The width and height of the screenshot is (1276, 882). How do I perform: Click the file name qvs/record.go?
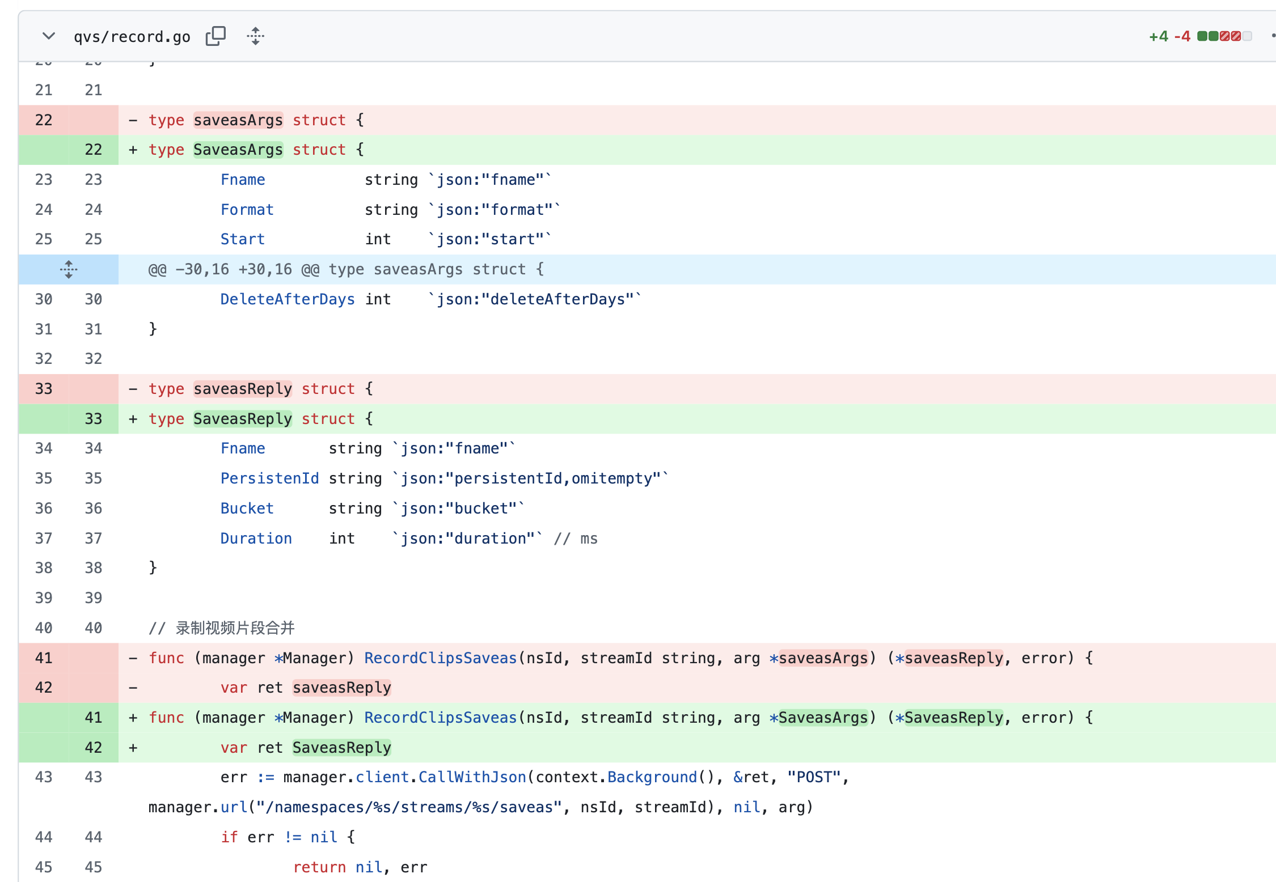[132, 37]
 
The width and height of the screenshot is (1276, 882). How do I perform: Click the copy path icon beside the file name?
[216, 36]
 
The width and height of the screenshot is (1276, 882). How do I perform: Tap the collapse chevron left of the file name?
[49, 36]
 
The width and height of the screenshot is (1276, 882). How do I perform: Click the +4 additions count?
[1159, 37]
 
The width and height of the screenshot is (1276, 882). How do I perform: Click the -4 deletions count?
[1182, 37]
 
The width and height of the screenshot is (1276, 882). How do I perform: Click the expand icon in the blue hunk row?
[69, 269]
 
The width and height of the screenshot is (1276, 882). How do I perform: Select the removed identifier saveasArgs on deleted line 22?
[238, 120]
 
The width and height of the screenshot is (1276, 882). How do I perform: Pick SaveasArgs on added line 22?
[238, 150]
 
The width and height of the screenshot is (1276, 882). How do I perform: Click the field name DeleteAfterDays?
[288, 299]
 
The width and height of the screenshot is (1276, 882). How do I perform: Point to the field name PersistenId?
[270, 478]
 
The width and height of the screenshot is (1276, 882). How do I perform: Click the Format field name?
[247, 210]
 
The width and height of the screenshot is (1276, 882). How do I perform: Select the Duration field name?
[256, 538]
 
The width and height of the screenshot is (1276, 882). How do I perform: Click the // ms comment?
[576, 538]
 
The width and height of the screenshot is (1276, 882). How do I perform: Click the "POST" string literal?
[814, 777]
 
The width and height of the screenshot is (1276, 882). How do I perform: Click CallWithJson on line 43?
[472, 777]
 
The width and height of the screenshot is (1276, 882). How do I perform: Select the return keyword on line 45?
[319, 867]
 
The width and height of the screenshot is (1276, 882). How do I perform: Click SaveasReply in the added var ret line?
[342, 748]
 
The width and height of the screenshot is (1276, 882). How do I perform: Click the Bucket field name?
[247, 508]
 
